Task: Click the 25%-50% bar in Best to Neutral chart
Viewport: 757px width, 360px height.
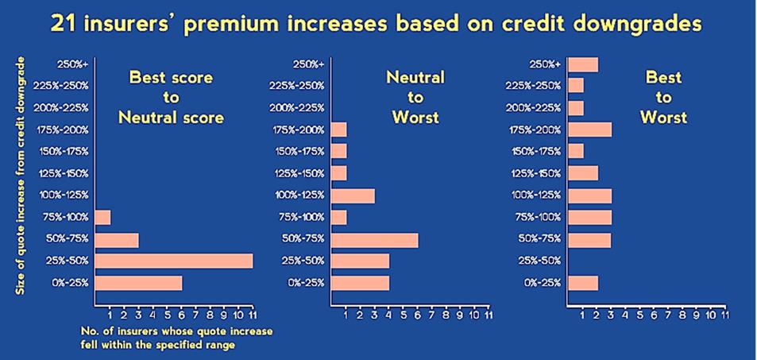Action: tap(174, 261)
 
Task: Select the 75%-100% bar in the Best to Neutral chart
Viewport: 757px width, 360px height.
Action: tap(102, 218)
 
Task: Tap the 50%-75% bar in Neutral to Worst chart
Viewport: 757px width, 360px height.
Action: tap(375, 239)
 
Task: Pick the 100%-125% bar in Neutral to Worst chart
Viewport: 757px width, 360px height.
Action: tap(353, 195)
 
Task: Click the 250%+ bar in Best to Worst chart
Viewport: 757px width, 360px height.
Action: tap(583, 64)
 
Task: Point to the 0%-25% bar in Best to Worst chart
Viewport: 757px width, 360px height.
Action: tap(583, 283)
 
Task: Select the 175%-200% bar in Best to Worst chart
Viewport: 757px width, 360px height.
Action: tap(590, 130)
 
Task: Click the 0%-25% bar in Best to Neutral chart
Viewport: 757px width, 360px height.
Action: tap(138, 283)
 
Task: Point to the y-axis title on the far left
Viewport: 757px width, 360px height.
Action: tap(21, 176)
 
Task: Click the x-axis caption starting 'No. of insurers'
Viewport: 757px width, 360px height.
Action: tap(176, 339)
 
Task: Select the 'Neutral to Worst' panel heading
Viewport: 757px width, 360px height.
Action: tap(415, 98)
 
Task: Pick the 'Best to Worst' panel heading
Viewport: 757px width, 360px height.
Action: tap(664, 98)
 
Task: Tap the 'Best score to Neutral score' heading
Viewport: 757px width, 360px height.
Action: tap(172, 98)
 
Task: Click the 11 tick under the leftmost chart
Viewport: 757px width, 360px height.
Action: tap(252, 315)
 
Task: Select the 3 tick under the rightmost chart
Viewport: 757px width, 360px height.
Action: tap(611, 315)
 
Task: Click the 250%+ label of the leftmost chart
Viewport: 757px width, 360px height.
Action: tap(72, 64)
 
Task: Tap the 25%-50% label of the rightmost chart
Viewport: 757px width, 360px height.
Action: tap(543, 261)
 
